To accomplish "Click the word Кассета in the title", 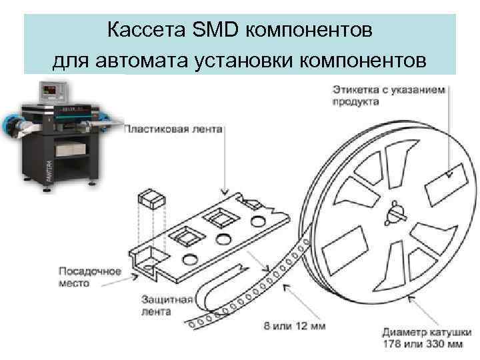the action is tap(137, 30).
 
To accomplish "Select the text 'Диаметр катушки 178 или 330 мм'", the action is tap(423, 338).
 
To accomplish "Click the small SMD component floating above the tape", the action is tap(147, 199).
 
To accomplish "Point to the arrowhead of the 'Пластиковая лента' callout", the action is tap(228, 191).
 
